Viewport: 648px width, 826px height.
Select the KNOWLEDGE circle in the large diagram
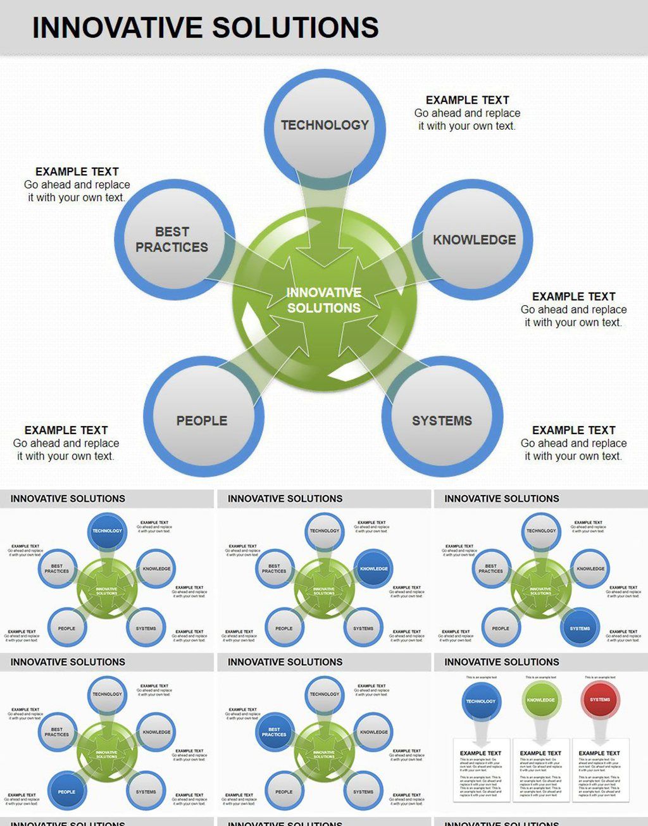474,239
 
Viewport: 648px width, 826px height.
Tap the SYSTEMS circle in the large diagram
442,420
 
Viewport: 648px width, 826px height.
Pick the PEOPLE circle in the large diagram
202,420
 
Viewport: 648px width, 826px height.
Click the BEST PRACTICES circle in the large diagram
172,239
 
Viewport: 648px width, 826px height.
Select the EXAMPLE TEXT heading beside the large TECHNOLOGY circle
467,100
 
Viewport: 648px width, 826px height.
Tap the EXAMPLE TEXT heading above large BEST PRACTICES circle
77,172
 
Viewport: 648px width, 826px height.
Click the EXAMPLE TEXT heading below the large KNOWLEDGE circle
573,296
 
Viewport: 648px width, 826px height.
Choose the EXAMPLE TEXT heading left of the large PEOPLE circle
66,430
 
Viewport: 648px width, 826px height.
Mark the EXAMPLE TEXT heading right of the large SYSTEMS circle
573,430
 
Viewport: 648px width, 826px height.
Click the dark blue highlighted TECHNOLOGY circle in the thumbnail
107,531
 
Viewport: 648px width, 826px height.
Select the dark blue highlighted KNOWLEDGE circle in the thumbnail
374,568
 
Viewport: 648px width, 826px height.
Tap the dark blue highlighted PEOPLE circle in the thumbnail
66,791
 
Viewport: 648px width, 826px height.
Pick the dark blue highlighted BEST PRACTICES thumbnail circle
274,732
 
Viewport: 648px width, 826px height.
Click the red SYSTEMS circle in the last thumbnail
600,699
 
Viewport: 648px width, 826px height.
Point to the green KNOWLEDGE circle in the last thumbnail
540,700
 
